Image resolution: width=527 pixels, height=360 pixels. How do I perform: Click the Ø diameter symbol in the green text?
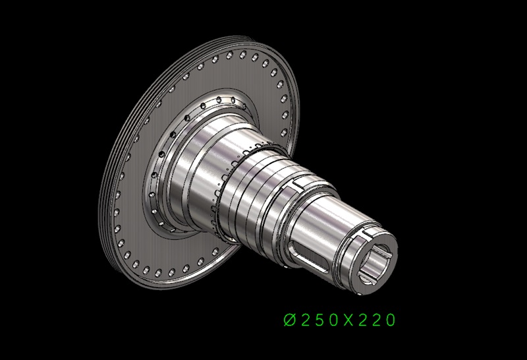point(290,320)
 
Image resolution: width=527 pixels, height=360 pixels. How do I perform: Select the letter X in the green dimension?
point(348,320)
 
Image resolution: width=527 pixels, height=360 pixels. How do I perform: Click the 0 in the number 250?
point(333,320)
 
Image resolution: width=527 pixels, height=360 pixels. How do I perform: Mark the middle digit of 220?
point(376,320)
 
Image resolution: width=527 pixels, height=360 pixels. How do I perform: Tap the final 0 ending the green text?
point(391,320)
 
